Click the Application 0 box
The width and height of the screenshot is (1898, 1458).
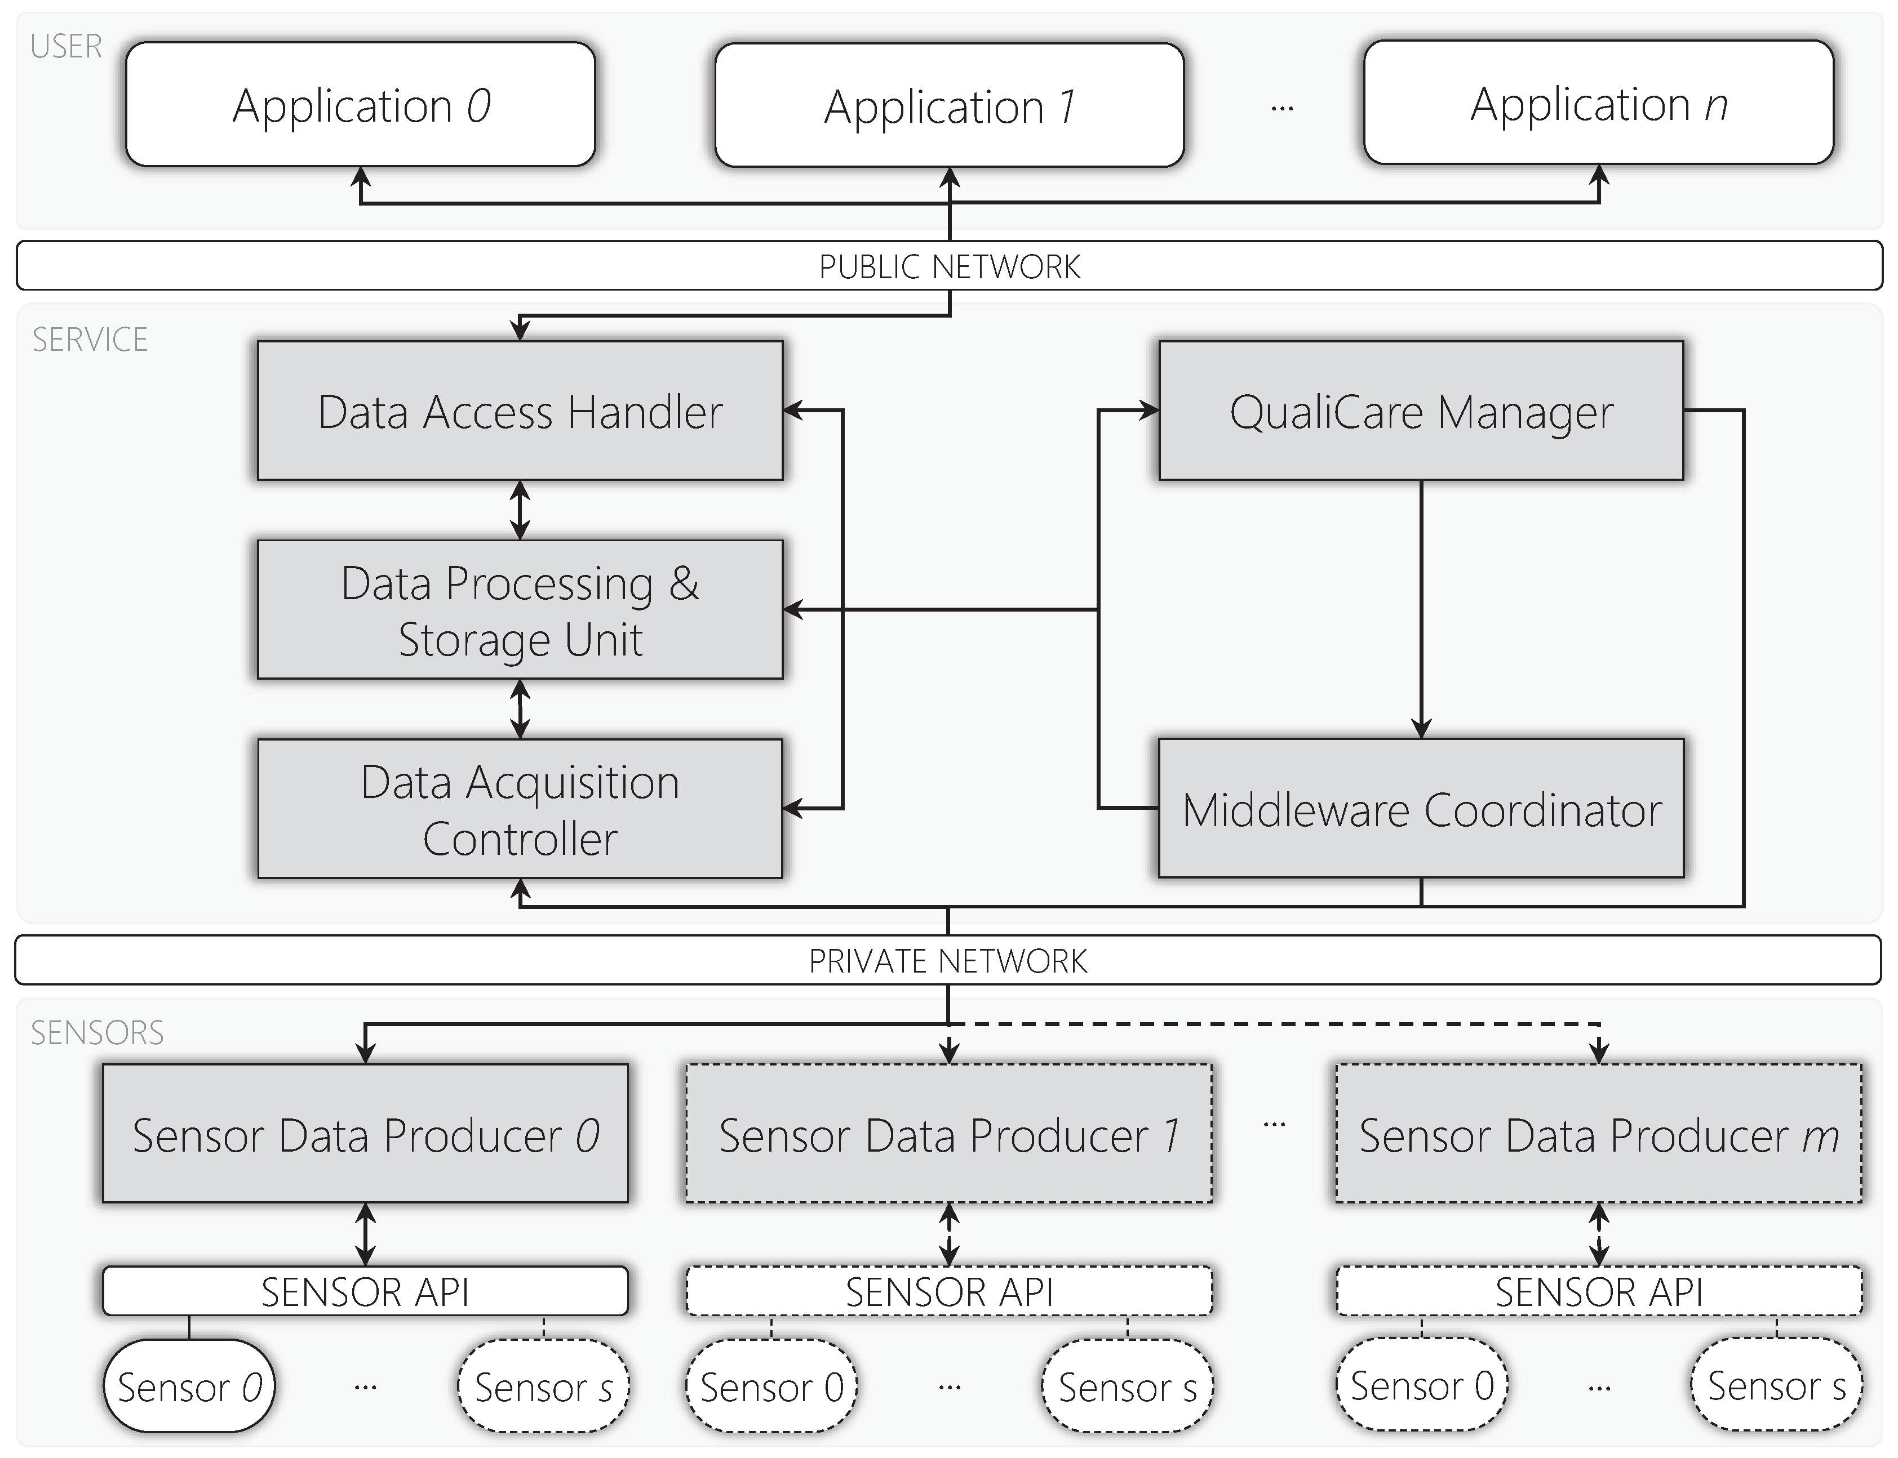click(x=360, y=105)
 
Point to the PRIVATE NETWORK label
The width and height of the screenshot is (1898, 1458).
click(x=947, y=961)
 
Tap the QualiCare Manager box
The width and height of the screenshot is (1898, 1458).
click(x=1421, y=411)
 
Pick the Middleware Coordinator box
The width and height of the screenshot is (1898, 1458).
click(x=1421, y=809)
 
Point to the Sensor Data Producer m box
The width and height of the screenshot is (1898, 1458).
click(x=1598, y=1134)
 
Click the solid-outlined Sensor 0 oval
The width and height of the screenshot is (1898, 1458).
click(x=188, y=1386)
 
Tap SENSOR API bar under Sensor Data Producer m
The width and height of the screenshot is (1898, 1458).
click(x=1598, y=1291)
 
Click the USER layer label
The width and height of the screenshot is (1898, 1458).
click(x=66, y=46)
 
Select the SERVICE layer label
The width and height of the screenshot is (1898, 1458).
click(x=90, y=340)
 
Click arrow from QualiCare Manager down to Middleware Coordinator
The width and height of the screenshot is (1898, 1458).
click(x=1421, y=608)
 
